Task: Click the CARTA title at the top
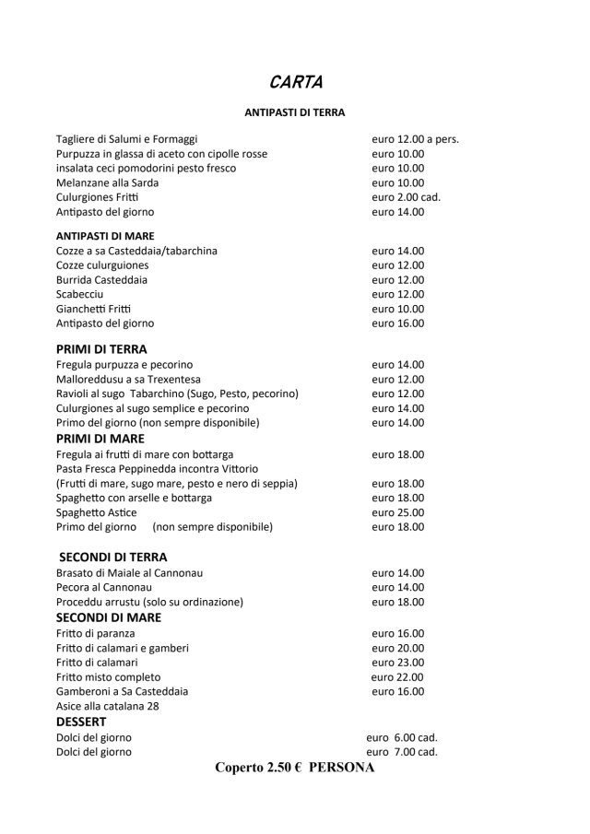295,82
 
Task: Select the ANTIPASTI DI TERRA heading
295,112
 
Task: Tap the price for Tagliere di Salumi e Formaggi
415,139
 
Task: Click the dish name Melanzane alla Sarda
107,182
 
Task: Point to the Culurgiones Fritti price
406,197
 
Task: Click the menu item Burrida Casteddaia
101,279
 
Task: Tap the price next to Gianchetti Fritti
397,309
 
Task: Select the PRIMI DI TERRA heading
101,349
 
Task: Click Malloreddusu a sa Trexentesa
128,379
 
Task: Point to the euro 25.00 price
397,512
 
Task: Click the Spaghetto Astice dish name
96,512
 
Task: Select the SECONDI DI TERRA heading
112,557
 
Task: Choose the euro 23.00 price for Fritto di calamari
397,662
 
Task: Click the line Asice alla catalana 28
108,706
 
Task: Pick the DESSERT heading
81,722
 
